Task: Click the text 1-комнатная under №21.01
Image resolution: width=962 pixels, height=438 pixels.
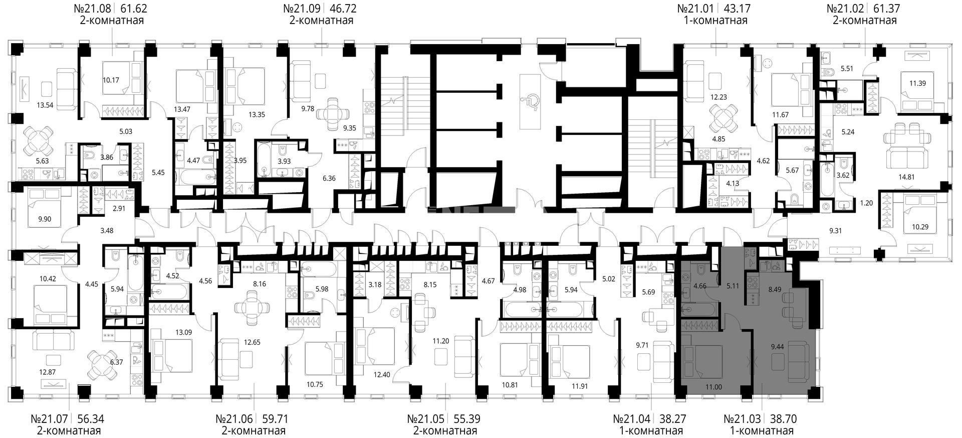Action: click(x=715, y=21)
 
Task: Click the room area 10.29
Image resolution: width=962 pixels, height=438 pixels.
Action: click(x=920, y=227)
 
